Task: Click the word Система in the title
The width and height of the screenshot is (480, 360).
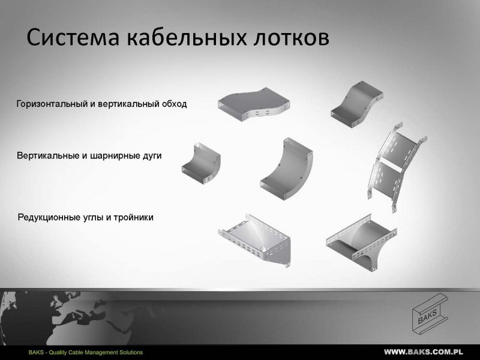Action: (x=73, y=37)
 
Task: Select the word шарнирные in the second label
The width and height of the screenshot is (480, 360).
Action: (x=115, y=156)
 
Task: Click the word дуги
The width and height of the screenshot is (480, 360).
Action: (x=152, y=156)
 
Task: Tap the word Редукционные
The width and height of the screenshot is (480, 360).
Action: (x=49, y=218)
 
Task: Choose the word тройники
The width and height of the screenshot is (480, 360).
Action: (x=133, y=218)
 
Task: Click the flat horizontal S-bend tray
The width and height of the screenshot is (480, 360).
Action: (x=254, y=104)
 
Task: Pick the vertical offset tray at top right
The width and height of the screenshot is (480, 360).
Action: (x=356, y=104)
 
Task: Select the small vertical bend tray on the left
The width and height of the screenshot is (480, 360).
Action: (x=201, y=163)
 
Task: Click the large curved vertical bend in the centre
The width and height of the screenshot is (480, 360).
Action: (x=286, y=169)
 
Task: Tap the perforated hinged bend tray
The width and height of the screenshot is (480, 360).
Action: (x=397, y=167)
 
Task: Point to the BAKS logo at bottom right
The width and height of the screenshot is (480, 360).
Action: (x=430, y=313)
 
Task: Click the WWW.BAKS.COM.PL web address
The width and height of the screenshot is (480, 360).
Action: (x=424, y=352)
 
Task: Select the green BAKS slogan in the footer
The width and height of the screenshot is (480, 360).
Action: (x=86, y=352)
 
